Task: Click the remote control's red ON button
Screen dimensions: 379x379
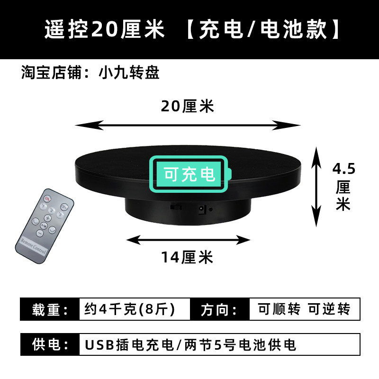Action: pos(47,199)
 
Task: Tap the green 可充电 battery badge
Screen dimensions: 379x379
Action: pos(189,174)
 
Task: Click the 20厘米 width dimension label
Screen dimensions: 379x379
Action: pos(188,107)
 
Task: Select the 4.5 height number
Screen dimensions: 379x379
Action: pos(344,168)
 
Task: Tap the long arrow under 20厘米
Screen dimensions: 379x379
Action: pos(188,125)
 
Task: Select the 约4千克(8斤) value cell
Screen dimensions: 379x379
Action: pos(129,309)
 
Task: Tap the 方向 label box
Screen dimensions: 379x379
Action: pos(219,309)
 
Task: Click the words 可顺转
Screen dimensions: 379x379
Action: pos(279,309)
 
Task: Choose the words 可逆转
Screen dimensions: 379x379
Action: pos(329,309)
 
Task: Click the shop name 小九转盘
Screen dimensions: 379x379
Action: pos(129,73)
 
